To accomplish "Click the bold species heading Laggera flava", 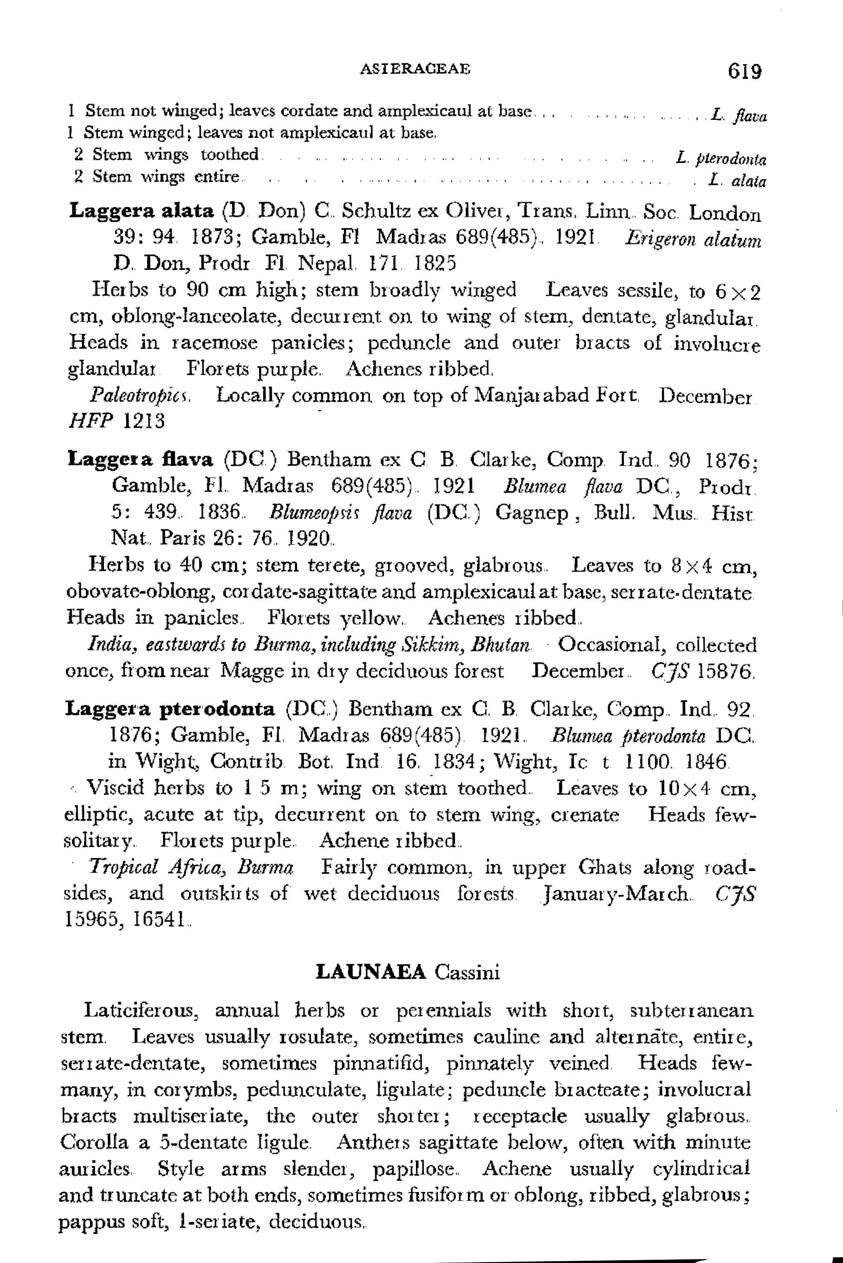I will [x=140, y=460].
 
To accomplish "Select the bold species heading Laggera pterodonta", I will [x=169, y=709].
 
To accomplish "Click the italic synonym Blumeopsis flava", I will [x=340, y=514].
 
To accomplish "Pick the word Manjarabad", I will [x=543, y=397].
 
